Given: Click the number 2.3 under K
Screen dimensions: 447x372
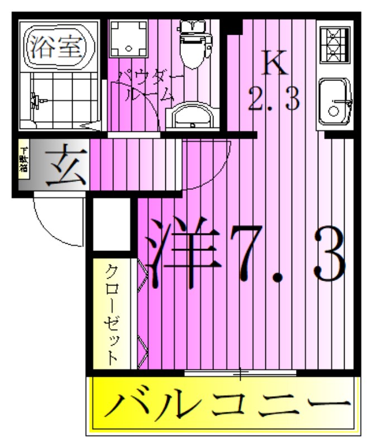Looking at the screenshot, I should coord(275,99).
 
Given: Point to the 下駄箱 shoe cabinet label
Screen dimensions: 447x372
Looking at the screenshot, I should coord(23,161).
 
